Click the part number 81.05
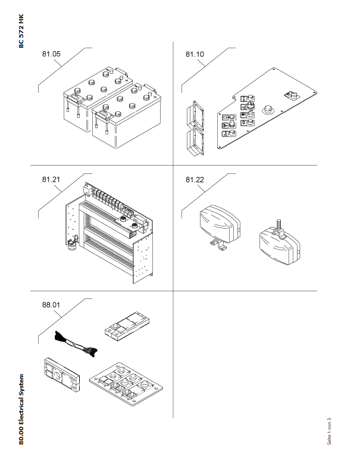click(51, 54)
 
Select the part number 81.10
click(195, 54)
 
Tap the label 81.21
click(51, 179)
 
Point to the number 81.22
click(195, 179)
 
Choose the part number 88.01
click(51, 304)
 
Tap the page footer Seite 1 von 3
click(329, 430)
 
